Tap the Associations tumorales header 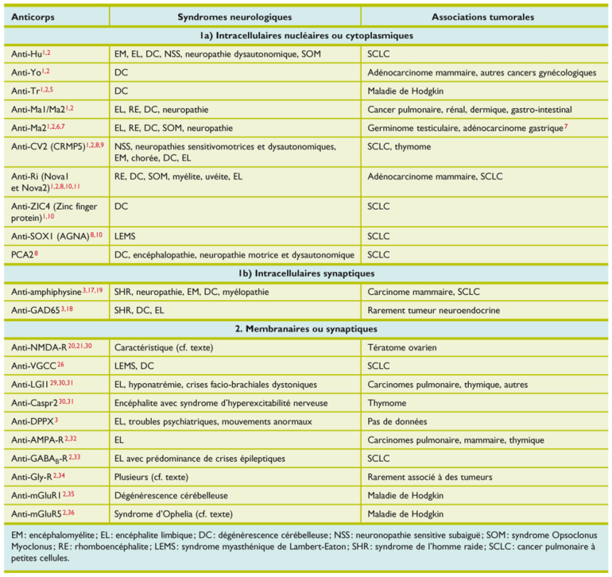(x=482, y=16)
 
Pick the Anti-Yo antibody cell (x=31, y=72)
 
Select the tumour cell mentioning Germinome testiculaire (x=467, y=127)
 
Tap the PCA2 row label (x=25, y=254)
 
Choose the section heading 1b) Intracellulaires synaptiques (x=306, y=273)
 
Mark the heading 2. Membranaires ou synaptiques (x=306, y=328)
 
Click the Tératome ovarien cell (x=403, y=347)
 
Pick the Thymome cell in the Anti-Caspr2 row (x=388, y=403)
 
